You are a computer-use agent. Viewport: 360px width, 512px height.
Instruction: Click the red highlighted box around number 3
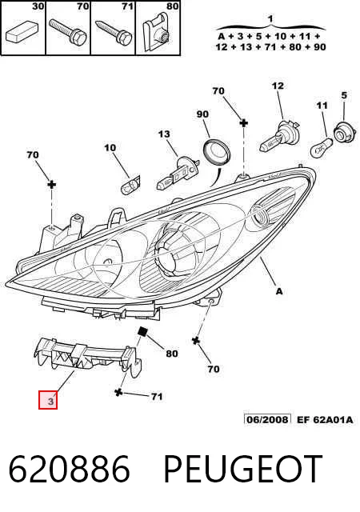[x=48, y=400]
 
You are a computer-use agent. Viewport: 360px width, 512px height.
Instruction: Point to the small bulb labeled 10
[x=130, y=186]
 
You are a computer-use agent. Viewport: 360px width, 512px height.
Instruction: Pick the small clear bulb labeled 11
[x=322, y=147]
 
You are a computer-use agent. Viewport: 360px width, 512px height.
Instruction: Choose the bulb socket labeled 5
[x=344, y=133]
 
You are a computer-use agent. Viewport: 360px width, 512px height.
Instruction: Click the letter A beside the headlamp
[x=279, y=291]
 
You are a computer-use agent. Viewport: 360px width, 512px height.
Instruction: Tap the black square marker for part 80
[x=142, y=332]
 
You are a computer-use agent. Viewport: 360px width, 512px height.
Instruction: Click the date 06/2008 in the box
[x=267, y=419]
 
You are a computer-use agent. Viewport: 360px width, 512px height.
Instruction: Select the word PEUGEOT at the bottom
[x=243, y=469]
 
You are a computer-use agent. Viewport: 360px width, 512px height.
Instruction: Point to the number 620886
[x=69, y=469]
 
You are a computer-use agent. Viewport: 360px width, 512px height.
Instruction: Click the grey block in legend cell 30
[x=22, y=31]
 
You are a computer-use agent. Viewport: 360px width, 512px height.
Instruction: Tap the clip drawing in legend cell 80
[x=158, y=32]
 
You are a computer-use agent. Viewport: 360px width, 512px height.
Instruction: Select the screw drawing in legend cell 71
[x=114, y=31]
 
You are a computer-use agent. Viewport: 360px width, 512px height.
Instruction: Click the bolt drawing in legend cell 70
[x=68, y=31]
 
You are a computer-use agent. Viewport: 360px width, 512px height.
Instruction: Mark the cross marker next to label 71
[x=118, y=392]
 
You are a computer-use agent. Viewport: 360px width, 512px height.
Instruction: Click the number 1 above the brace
[x=270, y=19]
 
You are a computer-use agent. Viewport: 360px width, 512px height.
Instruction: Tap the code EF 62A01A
[x=325, y=419]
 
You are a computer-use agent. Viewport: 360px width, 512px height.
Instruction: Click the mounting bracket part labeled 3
[x=87, y=357]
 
